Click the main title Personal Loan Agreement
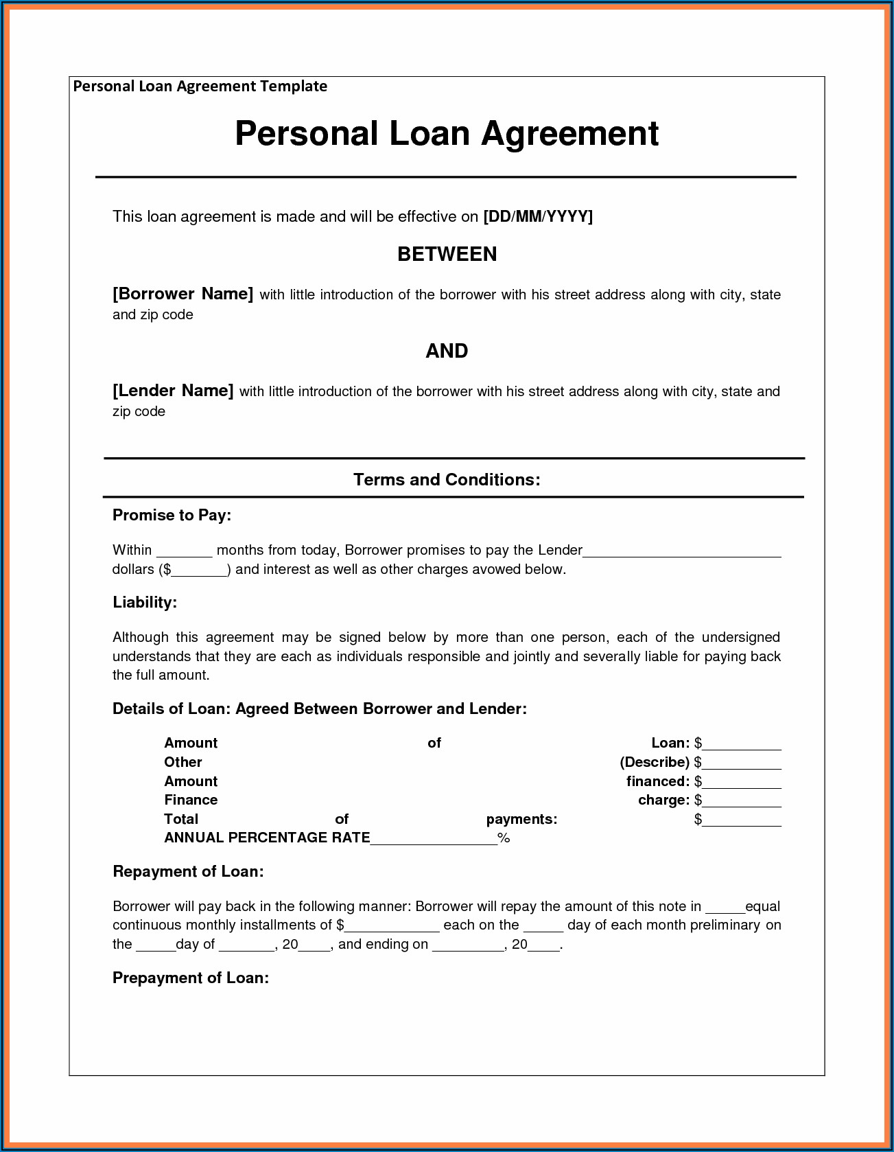(447, 133)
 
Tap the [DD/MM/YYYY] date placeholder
(538, 217)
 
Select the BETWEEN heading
(447, 254)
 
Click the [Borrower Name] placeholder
(183, 294)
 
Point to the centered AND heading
(447, 351)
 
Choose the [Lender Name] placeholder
(173, 391)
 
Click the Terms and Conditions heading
(447, 479)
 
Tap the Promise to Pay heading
(172, 515)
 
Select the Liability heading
(145, 602)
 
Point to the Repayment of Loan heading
(188, 871)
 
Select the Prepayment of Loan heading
(191, 978)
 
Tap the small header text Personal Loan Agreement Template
(200, 87)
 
